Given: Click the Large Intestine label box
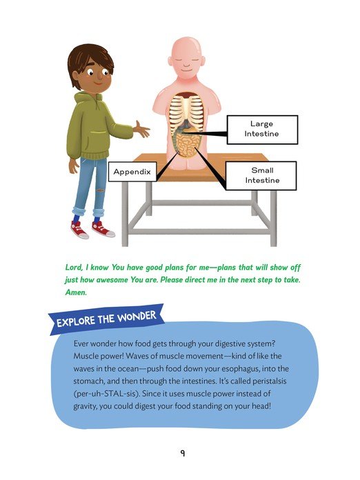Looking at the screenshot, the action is click(262, 130).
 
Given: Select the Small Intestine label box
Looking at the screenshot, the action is click(261, 176).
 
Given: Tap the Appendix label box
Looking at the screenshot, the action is click(132, 172).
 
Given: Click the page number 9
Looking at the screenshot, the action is click(183, 453).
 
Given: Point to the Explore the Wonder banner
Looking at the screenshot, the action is click(106, 319).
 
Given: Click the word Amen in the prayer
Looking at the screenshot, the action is click(77, 292).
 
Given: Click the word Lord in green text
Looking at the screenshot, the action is click(74, 268).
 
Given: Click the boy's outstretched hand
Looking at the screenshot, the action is click(141, 130).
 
